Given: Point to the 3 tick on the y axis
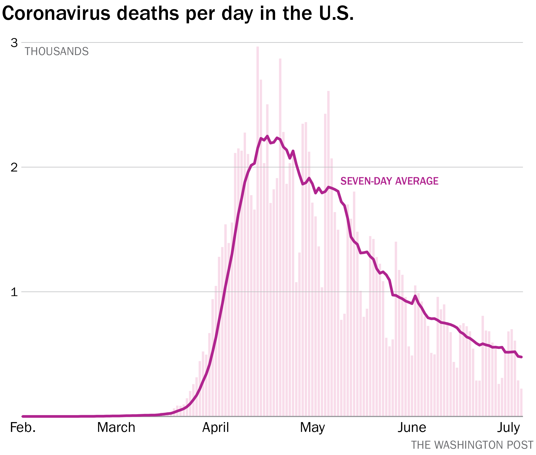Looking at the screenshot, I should click(14, 43).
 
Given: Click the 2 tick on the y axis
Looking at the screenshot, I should click(14, 168).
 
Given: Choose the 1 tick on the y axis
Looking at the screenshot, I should click(14, 292).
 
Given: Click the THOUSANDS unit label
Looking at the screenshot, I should click(57, 52).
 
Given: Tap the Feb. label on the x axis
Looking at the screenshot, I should click(23, 428).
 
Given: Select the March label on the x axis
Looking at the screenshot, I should click(116, 428).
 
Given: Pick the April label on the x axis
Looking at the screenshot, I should click(215, 428).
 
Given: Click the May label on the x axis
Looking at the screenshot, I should click(312, 428).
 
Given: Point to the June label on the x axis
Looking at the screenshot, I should click(412, 428).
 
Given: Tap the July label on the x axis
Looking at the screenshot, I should click(508, 428).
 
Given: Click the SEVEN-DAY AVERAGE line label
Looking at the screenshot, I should click(389, 181).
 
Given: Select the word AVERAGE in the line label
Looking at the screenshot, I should click(417, 181).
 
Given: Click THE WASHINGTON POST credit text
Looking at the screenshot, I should click(472, 445).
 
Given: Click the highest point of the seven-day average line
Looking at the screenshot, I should click(267, 136).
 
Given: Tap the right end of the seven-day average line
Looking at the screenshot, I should click(521, 357).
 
